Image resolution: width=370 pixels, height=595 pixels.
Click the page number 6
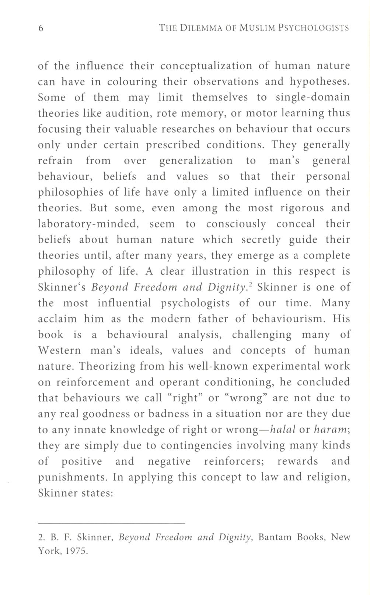click(x=41, y=28)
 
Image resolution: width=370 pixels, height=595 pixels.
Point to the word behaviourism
click(x=287, y=319)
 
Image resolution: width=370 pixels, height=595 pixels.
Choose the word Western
click(x=59, y=351)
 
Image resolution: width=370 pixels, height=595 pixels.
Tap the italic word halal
click(x=283, y=430)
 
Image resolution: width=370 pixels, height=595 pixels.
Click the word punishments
click(x=72, y=478)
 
